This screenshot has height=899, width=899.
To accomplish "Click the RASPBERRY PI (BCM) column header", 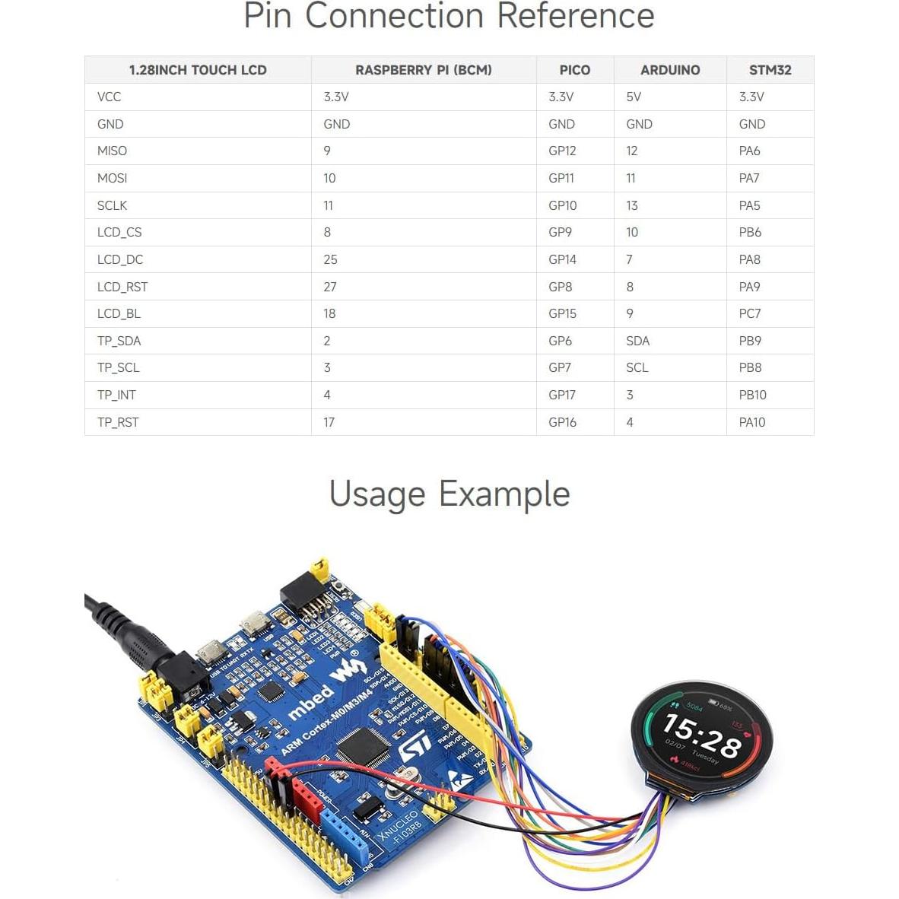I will [x=424, y=70].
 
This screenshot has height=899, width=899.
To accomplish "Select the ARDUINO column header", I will [x=670, y=70].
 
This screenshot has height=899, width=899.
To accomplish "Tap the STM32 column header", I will [x=770, y=70].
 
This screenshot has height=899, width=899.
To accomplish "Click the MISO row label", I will [x=112, y=151].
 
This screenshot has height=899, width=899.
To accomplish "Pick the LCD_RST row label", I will [x=122, y=287].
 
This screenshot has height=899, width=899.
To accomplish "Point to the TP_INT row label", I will [x=116, y=395].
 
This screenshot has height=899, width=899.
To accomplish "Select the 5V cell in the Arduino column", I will [x=634, y=97].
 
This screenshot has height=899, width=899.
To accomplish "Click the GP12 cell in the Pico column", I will [x=562, y=151].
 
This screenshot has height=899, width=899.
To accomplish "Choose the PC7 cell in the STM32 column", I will [x=750, y=313].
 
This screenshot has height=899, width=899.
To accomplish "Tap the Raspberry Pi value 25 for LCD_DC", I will [x=330, y=259].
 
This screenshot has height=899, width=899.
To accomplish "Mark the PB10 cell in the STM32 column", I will [x=752, y=395].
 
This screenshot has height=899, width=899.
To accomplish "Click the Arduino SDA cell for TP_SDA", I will [x=637, y=341].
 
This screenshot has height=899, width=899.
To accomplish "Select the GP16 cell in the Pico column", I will [x=562, y=422].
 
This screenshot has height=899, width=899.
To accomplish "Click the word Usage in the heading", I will [x=377, y=494].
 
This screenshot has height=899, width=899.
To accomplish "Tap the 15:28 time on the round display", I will [x=701, y=735].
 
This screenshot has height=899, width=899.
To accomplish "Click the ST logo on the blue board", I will [x=415, y=746].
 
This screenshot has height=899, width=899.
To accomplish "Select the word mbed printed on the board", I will [x=310, y=700].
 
